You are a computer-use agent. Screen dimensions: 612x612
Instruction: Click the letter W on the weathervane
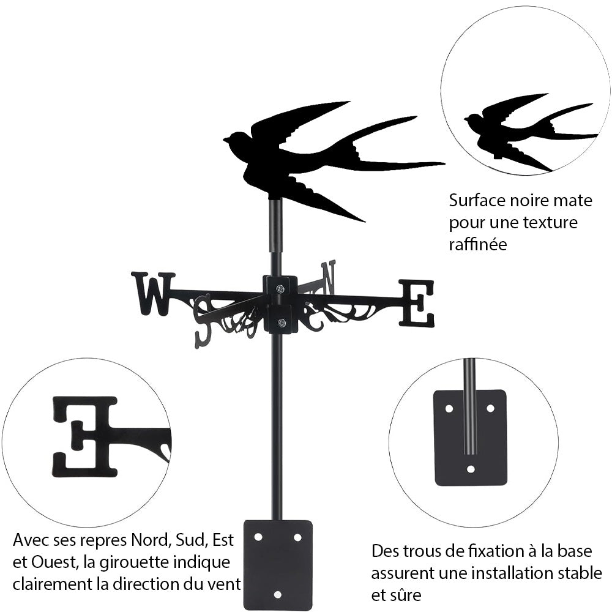pyautogui.click(x=152, y=294)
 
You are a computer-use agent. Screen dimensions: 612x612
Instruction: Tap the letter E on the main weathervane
pyautogui.click(x=416, y=303)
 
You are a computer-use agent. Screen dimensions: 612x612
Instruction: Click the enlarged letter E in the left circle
pyautogui.click(x=86, y=436)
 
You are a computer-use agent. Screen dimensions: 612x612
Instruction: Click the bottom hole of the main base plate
pyautogui.click(x=278, y=594)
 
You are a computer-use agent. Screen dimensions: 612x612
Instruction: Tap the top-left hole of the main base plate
pyautogui.click(x=258, y=537)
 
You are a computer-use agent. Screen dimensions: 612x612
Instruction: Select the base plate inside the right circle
pyautogui.click(x=470, y=438)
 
